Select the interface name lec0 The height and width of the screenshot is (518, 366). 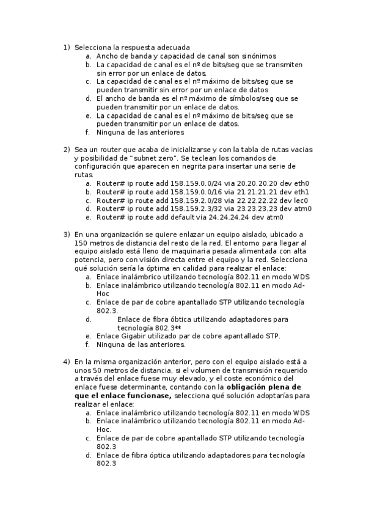pyautogui.click(x=298, y=200)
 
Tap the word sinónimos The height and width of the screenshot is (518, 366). pyautogui.click(x=254, y=56)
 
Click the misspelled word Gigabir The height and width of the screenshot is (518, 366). pyautogui.click(x=126, y=336)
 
